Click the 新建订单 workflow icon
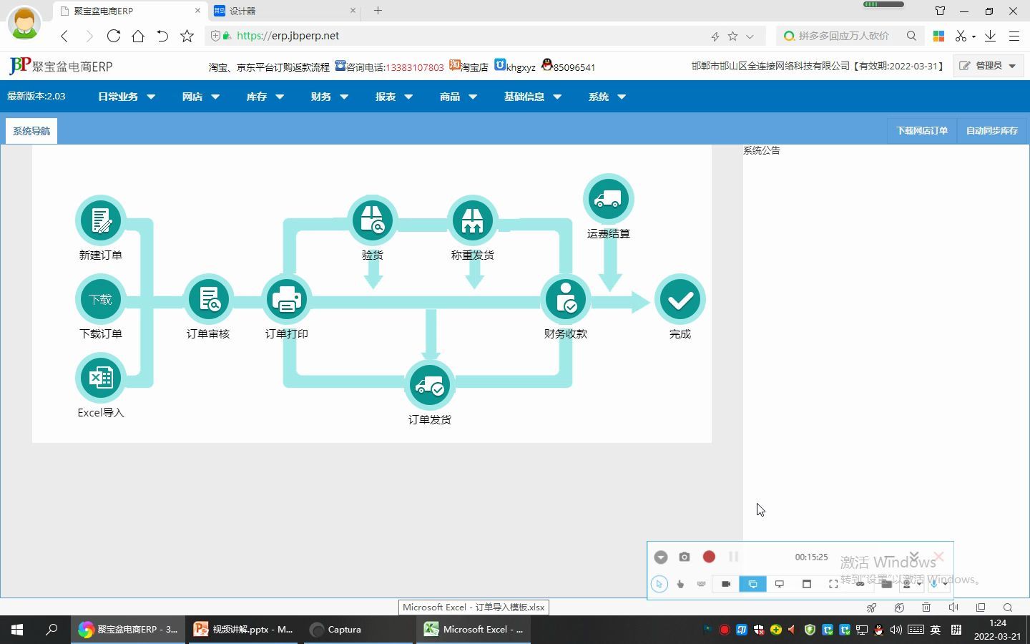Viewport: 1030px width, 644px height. pyautogui.click(x=101, y=220)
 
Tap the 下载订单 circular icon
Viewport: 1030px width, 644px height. pyautogui.click(x=101, y=299)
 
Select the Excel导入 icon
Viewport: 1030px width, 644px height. pyautogui.click(x=101, y=378)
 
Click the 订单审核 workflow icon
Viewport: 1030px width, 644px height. pyautogui.click(x=208, y=299)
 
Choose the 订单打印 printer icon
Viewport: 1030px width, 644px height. pyautogui.click(x=287, y=299)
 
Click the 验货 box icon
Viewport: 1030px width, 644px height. pyautogui.click(x=373, y=220)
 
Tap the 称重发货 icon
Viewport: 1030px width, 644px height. pyautogui.click(x=473, y=220)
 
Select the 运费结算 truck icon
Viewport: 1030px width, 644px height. pyautogui.click(x=609, y=199)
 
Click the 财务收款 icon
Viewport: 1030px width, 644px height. pyautogui.click(x=566, y=299)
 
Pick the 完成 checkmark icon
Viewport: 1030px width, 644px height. pyautogui.click(x=680, y=299)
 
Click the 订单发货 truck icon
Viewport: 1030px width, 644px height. pyautogui.click(x=430, y=385)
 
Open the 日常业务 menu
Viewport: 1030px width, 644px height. pyautogui.click(x=126, y=97)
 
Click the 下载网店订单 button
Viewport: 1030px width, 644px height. pyautogui.click(x=922, y=131)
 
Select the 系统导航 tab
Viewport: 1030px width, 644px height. pyautogui.click(x=31, y=131)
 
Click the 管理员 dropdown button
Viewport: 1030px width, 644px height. pyautogui.click(x=989, y=66)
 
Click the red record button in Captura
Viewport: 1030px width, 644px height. pyautogui.click(x=709, y=557)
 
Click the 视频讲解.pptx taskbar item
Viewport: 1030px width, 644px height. pyautogui.click(x=244, y=630)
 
